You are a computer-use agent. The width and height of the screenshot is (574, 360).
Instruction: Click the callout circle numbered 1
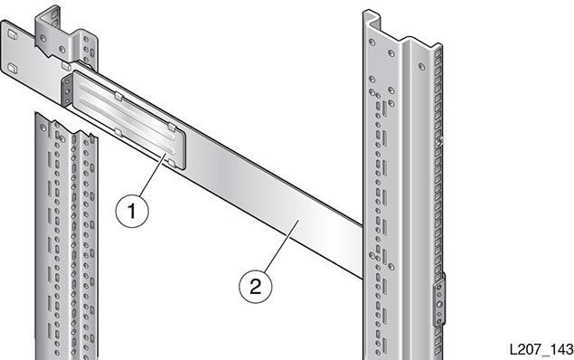click(132, 212)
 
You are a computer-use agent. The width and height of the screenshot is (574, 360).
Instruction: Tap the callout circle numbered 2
click(256, 286)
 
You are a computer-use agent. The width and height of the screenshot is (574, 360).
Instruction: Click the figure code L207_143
click(541, 349)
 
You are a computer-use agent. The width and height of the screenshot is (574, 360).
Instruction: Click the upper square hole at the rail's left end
click(12, 34)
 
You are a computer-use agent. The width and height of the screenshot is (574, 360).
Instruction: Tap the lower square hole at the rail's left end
click(12, 68)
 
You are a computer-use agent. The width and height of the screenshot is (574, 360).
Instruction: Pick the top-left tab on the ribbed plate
click(118, 96)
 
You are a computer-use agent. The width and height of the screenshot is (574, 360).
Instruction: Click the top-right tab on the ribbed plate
click(172, 127)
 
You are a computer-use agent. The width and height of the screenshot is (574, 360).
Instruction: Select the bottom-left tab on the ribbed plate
click(118, 131)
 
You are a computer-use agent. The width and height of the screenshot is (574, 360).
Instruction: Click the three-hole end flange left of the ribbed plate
click(67, 90)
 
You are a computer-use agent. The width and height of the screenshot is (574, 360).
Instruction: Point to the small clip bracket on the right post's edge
click(440, 300)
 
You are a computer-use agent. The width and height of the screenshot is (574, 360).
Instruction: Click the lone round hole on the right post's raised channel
click(422, 67)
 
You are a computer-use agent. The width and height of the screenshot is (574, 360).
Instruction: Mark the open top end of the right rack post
click(372, 17)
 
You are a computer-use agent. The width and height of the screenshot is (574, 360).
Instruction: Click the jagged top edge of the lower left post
click(66, 124)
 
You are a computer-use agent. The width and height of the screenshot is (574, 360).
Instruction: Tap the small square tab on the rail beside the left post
click(66, 66)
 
